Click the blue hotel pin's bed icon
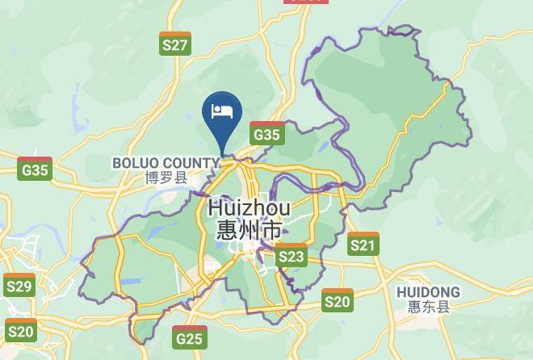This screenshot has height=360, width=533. (x=222, y=111)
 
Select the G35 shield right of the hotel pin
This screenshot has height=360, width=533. (x=266, y=134)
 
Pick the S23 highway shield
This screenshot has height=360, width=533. (x=292, y=256)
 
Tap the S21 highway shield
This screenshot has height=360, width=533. (x=363, y=244)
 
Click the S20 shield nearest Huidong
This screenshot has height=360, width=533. (x=337, y=301)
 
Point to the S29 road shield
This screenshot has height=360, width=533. (x=19, y=286)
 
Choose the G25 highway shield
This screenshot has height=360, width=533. (x=189, y=337)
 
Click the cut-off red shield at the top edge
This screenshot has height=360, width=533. (x=307, y=2)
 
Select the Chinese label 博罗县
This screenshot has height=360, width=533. (x=166, y=178)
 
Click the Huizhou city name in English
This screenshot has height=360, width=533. (x=249, y=207)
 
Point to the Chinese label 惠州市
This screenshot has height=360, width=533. (x=249, y=231)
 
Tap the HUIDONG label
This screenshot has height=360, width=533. (x=429, y=292)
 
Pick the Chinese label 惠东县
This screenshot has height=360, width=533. (x=429, y=307)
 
